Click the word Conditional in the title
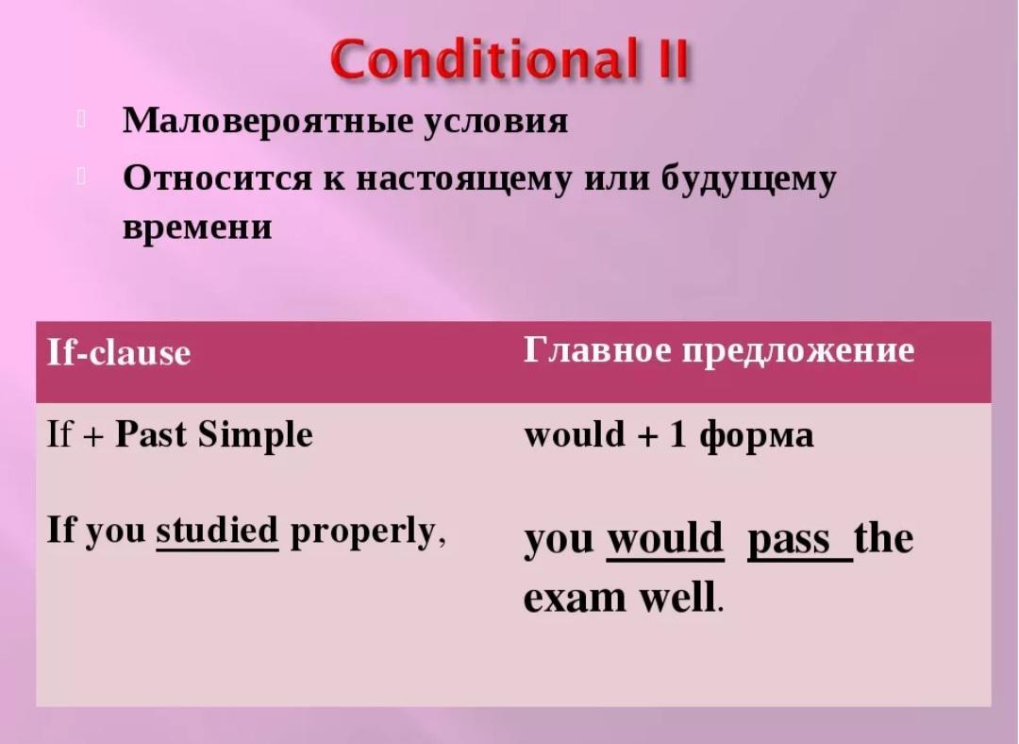coord(483,59)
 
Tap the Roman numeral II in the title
coord(669,59)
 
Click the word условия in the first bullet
coord(496,122)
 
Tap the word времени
coord(197,228)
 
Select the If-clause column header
coord(119,353)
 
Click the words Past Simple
coord(214,435)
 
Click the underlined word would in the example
coord(665,539)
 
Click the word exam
coord(575,598)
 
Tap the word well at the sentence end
coord(677,596)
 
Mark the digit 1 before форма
coord(677,434)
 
